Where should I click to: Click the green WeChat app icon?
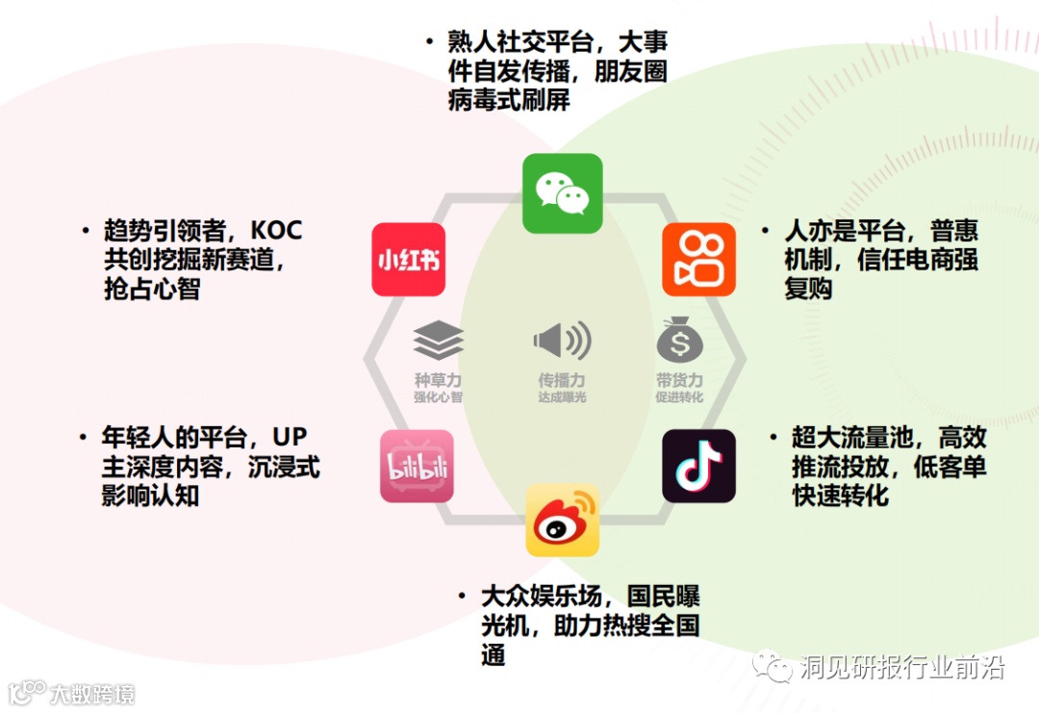click(x=562, y=193)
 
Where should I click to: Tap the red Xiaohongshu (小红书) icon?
click(x=409, y=260)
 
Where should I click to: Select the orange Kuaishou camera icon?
click(x=698, y=260)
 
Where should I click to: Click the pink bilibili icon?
click(x=417, y=466)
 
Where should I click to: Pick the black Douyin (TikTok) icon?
click(x=698, y=466)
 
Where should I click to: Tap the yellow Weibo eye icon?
click(x=562, y=521)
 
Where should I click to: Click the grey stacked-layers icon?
click(x=439, y=342)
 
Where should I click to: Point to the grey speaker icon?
click(x=562, y=341)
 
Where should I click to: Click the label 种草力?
click(x=438, y=381)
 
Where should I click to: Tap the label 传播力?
click(x=562, y=381)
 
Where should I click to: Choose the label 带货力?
click(x=679, y=381)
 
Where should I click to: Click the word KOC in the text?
click(x=276, y=231)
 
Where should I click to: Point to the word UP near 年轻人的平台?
click(x=290, y=438)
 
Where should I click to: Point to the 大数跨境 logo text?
click(x=92, y=693)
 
